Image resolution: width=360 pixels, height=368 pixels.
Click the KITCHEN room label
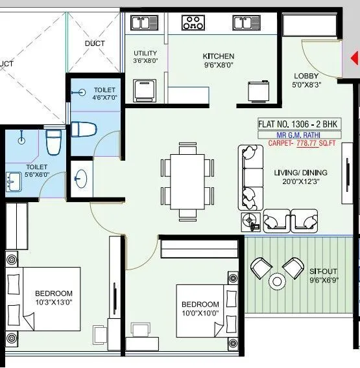pyautogui.click(x=218, y=56)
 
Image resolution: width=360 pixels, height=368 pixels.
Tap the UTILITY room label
pyautogui.click(x=145, y=53)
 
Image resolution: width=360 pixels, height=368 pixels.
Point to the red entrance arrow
pyautogui.click(x=355, y=58)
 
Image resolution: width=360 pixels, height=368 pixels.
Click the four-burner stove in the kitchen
pyautogui.click(x=193, y=23)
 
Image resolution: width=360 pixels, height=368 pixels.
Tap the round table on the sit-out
pyautogui.click(x=278, y=282)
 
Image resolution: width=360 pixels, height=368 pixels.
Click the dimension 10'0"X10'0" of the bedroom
pyautogui.click(x=200, y=313)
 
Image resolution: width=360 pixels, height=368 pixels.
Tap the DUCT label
pyautogui.click(x=94, y=43)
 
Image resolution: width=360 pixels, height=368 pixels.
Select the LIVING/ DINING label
pyautogui.click(x=300, y=173)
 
